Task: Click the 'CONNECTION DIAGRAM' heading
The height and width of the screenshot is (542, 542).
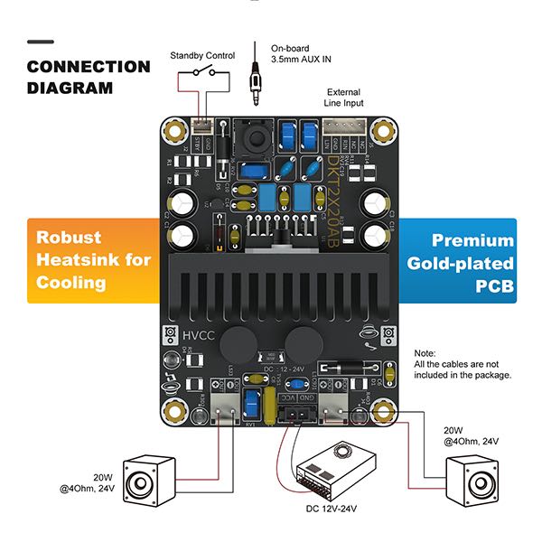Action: tap(88, 77)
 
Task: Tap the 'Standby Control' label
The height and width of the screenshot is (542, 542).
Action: tap(202, 56)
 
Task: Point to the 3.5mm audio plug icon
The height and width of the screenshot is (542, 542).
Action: tap(257, 84)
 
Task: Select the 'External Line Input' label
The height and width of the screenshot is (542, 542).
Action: tap(344, 97)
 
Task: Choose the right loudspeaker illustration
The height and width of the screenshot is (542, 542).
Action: tap(473, 480)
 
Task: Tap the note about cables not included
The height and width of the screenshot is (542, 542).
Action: tap(462, 364)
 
